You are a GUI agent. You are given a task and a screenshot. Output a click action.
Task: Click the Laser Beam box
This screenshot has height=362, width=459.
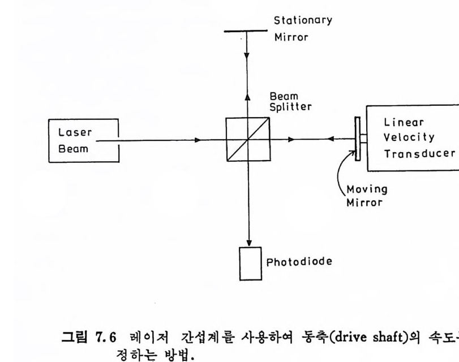tap(83, 141)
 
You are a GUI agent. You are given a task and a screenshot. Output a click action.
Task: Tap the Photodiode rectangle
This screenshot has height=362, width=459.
tap(250, 262)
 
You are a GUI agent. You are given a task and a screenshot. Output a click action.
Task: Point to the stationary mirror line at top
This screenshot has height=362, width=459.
tap(246, 31)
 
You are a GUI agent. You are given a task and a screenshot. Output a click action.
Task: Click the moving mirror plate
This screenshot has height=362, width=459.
tap(357, 139)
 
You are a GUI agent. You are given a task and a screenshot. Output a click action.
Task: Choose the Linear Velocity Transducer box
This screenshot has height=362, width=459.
tap(412, 138)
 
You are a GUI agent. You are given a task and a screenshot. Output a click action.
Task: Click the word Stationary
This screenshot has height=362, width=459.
tap(303, 21)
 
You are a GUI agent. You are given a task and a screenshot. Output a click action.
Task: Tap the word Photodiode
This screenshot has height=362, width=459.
tap(299, 262)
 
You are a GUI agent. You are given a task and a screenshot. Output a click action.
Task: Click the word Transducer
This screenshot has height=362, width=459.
tap(419, 153)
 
